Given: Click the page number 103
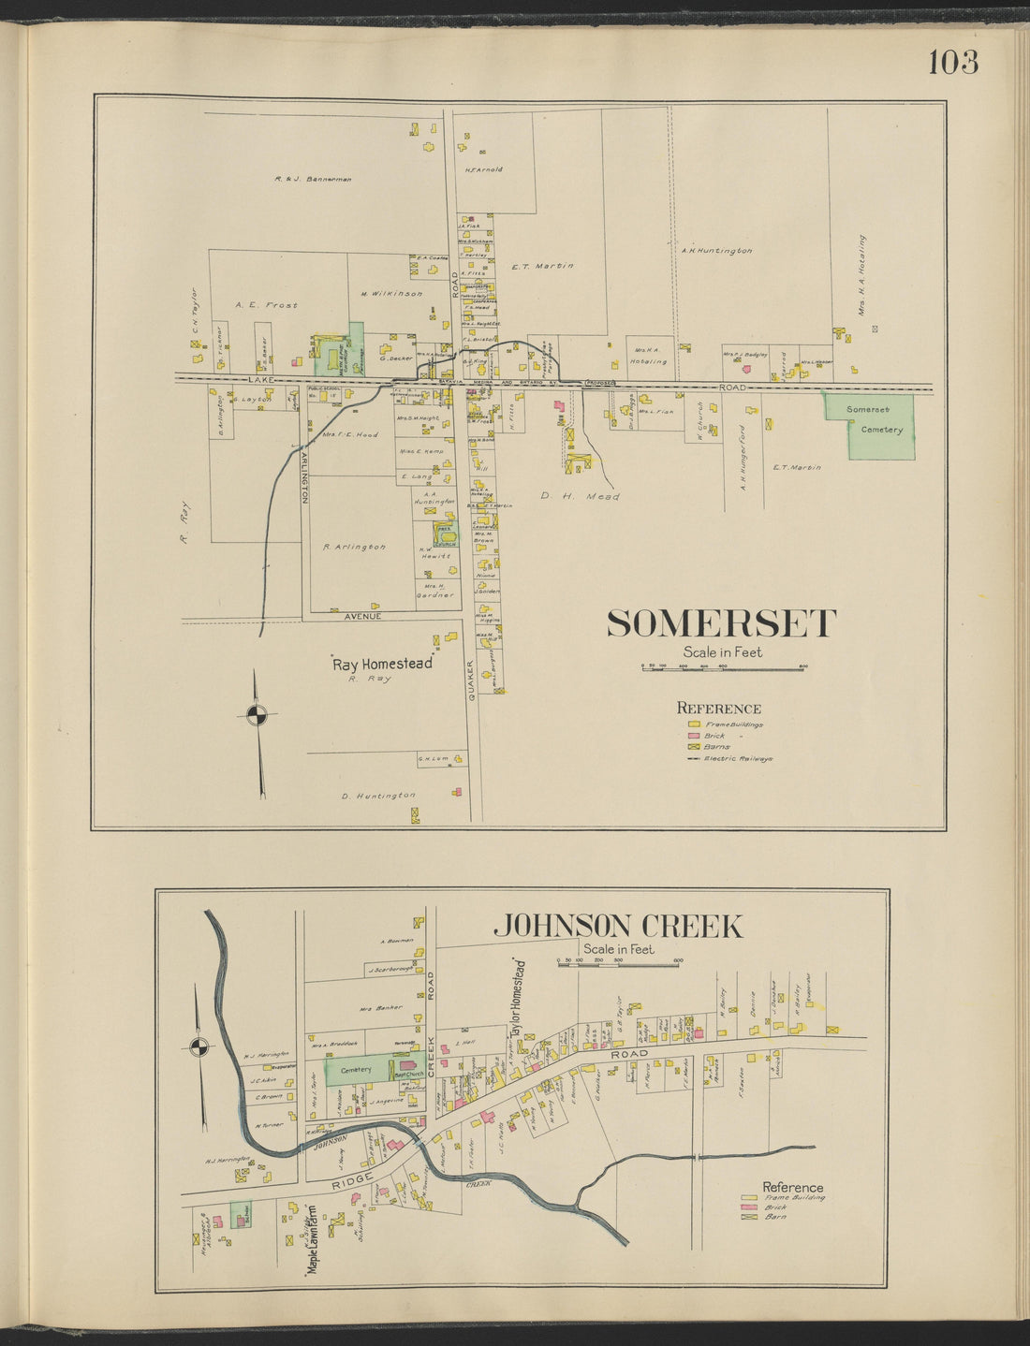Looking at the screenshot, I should point(953,62).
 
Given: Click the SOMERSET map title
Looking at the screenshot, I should point(721,623).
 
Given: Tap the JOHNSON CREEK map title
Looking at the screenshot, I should point(617,927).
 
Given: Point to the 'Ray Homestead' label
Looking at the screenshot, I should point(383,663).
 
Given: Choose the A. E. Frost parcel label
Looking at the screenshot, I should point(266,305).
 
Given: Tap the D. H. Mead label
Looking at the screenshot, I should point(580,497).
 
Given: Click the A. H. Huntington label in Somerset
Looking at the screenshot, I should point(716,251).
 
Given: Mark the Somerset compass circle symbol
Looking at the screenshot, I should point(257,715).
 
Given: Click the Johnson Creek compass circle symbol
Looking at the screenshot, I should point(198,1046).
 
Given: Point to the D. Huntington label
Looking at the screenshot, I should point(378,796).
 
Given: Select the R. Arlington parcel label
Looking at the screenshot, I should point(354,547).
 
